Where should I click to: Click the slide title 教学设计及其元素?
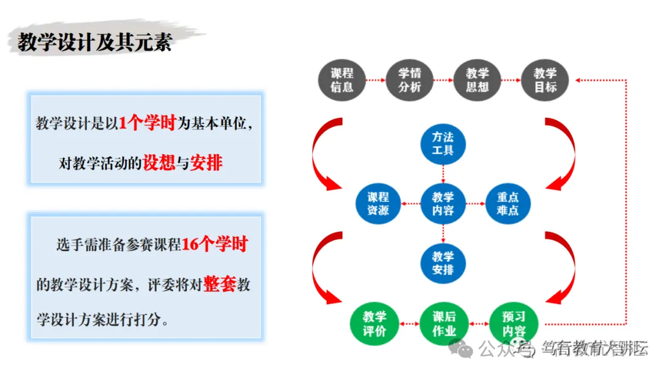[94, 43]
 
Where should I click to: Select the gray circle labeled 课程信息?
[342, 80]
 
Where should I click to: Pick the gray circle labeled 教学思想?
[477, 80]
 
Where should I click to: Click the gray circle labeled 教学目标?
[545, 80]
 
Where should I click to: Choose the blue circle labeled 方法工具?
[443, 143]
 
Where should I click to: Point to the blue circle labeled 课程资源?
[378, 204]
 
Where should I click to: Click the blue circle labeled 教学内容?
[443, 204]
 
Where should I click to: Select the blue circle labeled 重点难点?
[508, 204]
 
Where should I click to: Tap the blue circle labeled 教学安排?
[443, 263]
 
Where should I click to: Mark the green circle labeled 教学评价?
[374, 324]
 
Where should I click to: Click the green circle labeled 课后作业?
[443, 324]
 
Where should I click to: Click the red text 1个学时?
[147, 123]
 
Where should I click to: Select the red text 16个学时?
[215, 244]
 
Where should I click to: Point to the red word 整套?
[220, 285]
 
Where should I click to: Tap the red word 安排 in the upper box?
[207, 163]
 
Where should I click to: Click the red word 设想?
[159, 163]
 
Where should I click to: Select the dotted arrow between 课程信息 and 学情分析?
[376, 80]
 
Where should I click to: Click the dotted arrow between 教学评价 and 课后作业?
[408, 324]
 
